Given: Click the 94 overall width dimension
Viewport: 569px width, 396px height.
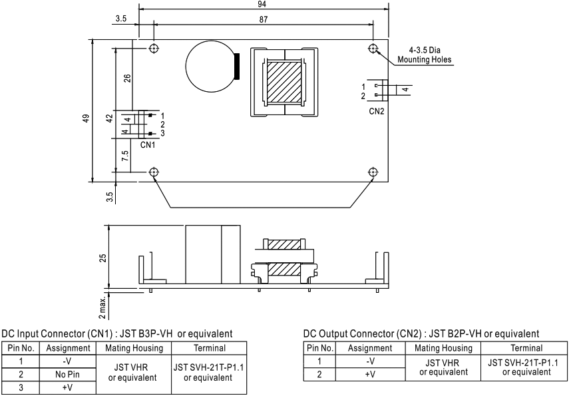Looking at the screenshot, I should [264, 4].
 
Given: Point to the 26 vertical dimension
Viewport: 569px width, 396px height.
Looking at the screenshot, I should [127, 78].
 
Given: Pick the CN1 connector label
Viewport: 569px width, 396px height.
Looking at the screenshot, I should [148, 144].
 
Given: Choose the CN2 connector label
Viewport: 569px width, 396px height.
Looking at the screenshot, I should [377, 110].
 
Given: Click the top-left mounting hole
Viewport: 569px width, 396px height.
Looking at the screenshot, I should [154, 49].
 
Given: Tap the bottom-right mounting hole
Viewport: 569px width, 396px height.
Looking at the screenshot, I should [373, 172].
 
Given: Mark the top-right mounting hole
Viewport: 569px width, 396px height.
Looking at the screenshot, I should [373, 49].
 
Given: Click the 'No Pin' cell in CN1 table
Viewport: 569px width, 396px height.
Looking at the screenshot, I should [67, 374].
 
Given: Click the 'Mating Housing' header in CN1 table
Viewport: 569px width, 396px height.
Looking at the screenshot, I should [134, 347].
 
